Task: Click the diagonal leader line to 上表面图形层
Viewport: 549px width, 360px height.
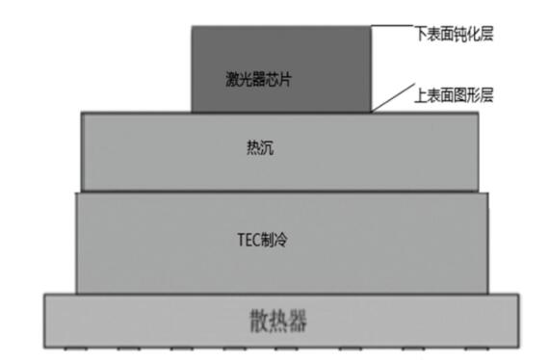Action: (387, 99)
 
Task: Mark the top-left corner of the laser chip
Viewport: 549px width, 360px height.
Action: (192, 28)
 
